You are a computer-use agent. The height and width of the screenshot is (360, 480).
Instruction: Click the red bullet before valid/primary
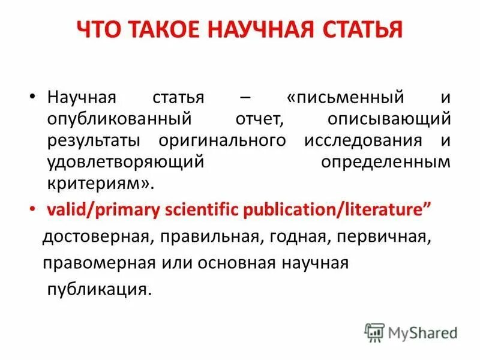coord(34,211)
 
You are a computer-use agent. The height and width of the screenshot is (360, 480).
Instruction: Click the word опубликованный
coord(115,119)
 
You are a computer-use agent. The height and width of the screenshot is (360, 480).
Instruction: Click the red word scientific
coord(211,211)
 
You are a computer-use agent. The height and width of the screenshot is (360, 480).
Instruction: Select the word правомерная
coord(89,263)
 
